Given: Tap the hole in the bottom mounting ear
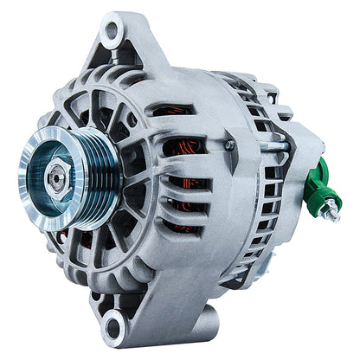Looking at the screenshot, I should point(112,327).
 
